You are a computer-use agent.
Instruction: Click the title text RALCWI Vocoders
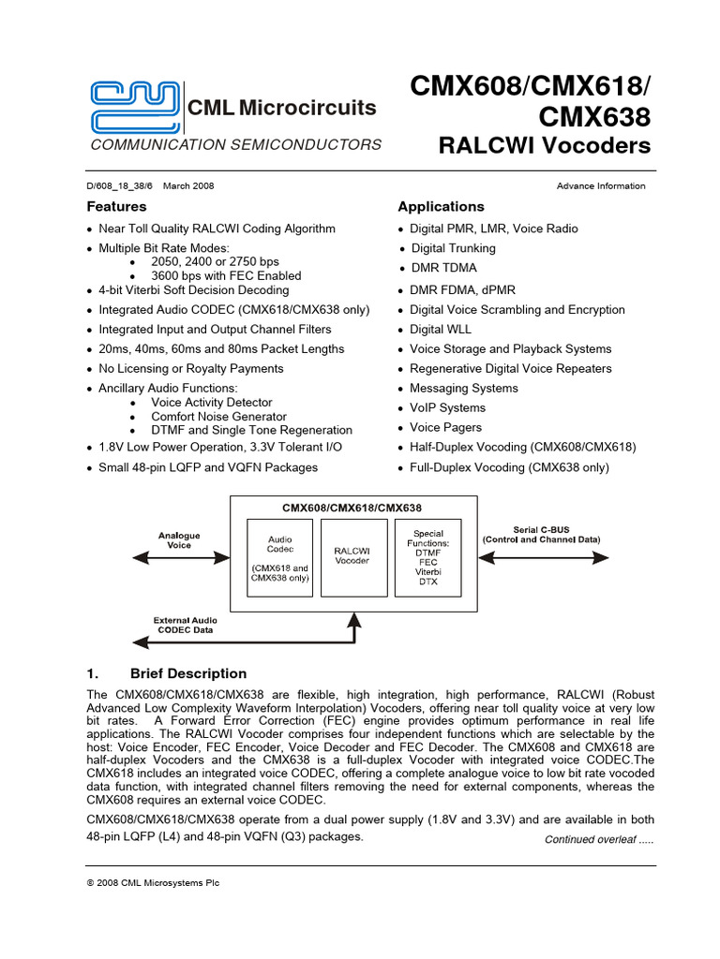(544, 146)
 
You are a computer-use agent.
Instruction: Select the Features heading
(117, 206)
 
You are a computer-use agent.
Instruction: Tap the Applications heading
(442, 206)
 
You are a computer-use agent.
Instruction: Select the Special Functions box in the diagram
(428, 558)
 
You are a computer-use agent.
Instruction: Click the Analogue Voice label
(179, 539)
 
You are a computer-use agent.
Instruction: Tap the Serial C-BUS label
(541, 535)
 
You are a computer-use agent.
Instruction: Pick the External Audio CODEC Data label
(184, 625)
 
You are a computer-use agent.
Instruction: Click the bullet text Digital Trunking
(453, 248)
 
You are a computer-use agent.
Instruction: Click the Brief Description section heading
(187, 673)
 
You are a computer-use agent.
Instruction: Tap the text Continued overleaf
(599, 840)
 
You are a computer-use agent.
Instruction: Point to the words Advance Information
(601, 186)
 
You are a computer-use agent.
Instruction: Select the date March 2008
(188, 186)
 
